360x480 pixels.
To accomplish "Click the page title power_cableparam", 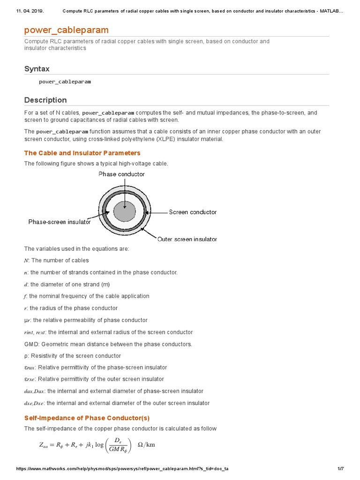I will tap(66, 30).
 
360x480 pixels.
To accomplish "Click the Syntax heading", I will tap(37, 69).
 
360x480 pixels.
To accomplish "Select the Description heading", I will tap(45, 100).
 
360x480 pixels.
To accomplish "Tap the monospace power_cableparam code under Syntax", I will tap(65, 82).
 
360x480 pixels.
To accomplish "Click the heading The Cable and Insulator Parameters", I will tap(82, 153).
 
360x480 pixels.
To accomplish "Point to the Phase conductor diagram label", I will tap(121, 174).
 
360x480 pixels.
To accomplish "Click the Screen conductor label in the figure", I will tap(193, 212).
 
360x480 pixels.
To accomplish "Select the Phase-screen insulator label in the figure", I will tap(60, 222).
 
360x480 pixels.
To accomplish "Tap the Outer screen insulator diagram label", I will tap(187, 239).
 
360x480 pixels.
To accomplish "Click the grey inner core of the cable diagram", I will tap(125, 211).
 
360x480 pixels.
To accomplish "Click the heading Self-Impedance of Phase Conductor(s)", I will tap(87, 418).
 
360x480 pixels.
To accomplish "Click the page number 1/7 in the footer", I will tap(341, 469).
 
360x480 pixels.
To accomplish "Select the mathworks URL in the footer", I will tap(122, 469).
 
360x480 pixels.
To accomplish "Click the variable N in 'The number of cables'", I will tap(26, 261).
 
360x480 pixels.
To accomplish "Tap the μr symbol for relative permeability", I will tap(27, 320).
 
